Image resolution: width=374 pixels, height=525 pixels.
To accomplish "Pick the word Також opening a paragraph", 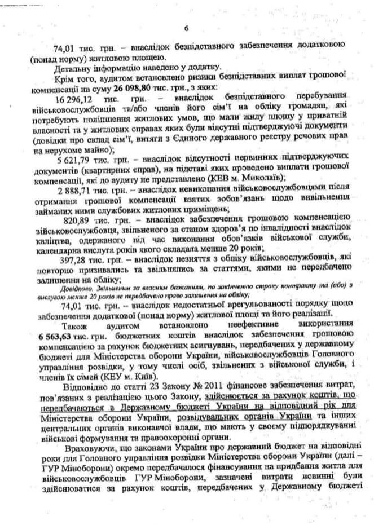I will pyautogui.click(x=77, y=324).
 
